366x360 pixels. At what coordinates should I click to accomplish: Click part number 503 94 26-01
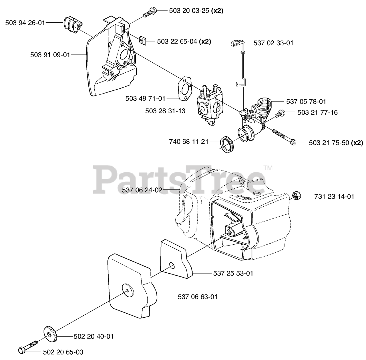point(25,23)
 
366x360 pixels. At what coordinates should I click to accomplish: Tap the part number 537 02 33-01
point(273,43)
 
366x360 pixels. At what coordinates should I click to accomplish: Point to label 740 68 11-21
point(188,141)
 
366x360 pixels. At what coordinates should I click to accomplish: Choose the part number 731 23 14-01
point(334,197)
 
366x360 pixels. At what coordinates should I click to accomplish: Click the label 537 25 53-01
point(233,273)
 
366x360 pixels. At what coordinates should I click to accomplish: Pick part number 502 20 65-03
point(63,352)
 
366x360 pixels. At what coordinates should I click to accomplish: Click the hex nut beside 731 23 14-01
point(296,196)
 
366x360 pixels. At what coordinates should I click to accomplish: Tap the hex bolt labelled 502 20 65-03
point(27,347)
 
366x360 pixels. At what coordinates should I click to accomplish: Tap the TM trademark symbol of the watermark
point(268,168)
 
